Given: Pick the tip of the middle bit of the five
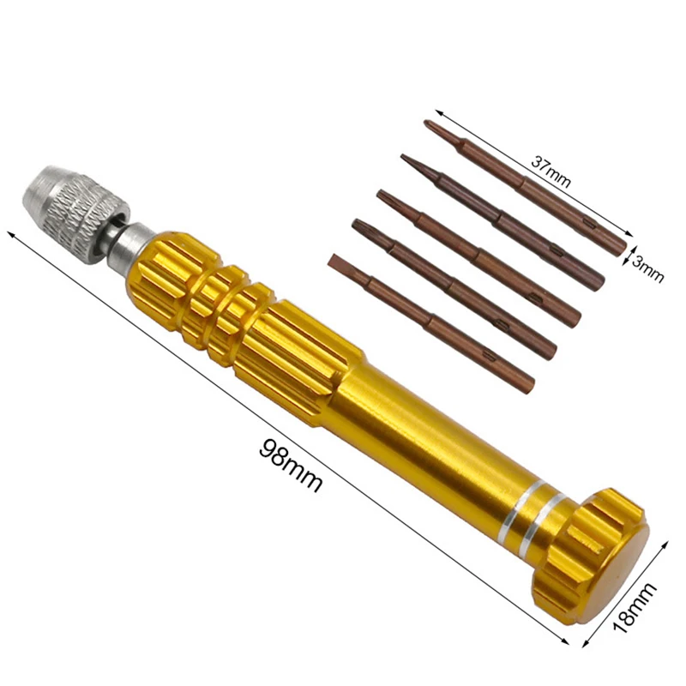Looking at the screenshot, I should (x=384, y=196).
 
